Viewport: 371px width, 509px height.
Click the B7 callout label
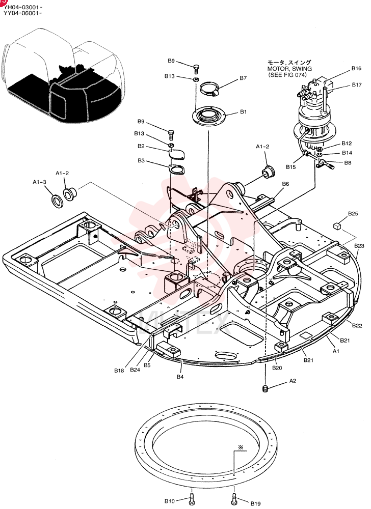point(243,78)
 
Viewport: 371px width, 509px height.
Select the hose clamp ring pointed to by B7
point(210,85)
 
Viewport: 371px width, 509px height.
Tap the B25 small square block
point(337,225)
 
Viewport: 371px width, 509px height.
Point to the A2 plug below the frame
point(265,388)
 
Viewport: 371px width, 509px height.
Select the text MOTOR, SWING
point(289,69)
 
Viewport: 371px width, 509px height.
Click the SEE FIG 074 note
point(287,75)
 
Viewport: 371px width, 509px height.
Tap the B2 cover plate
point(177,154)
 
